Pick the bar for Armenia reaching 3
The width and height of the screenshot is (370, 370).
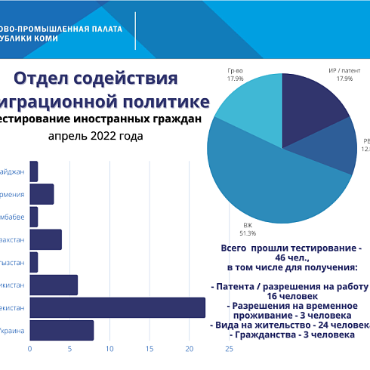click(42, 194)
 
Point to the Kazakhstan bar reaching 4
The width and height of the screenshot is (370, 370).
click(45, 239)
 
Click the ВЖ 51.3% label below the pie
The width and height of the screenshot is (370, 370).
click(248, 230)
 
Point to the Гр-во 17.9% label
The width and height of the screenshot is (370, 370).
click(235, 74)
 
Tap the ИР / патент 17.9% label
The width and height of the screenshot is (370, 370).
click(345, 74)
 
